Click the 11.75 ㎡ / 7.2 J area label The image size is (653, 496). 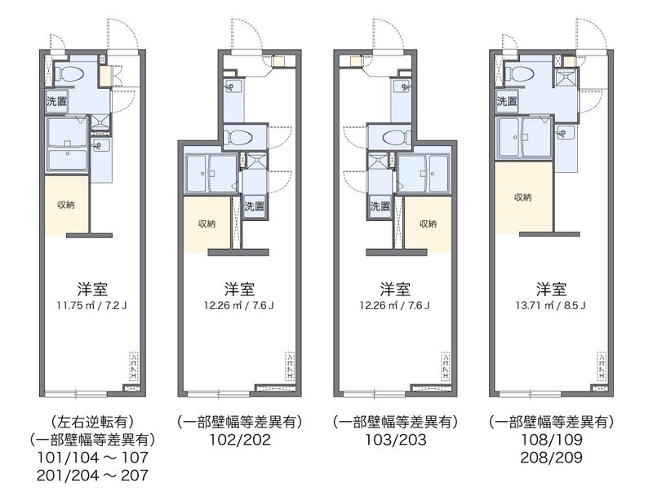click(x=89, y=305)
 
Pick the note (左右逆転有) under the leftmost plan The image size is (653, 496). click(x=89, y=423)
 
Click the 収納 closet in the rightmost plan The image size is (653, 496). click(x=523, y=197)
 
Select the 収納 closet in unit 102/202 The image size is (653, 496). click(x=207, y=224)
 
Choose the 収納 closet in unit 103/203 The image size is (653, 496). click(x=427, y=224)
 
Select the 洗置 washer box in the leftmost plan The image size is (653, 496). click(x=56, y=102)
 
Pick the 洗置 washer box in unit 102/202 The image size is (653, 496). click(x=254, y=206)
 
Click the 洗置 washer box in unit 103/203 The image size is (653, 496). click(x=380, y=206)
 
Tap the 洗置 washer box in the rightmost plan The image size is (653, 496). click(x=507, y=101)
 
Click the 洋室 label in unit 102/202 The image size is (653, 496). click(x=238, y=288)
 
